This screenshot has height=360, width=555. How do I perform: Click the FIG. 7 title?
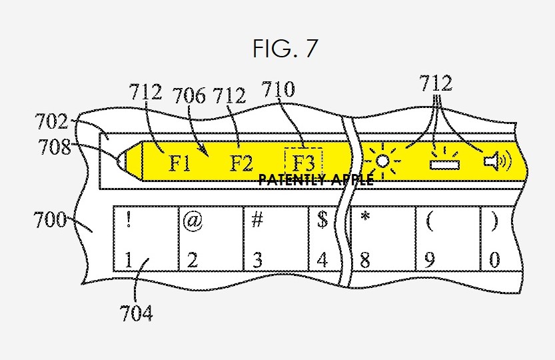click(285, 49)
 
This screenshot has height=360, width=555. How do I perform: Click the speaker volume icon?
click(498, 161)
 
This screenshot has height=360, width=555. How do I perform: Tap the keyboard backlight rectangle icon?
click(444, 161)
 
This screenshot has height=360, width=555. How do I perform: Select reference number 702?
click(52, 121)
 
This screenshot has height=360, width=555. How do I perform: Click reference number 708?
click(55, 147)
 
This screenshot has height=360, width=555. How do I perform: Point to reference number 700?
click(50, 220)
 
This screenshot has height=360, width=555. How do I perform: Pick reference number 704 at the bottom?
click(137, 313)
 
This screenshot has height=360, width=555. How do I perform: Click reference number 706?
click(189, 96)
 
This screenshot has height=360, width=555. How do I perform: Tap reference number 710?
click(278, 89)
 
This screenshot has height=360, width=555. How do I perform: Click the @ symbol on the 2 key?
click(193, 221)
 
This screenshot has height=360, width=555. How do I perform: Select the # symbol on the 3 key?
click(257, 220)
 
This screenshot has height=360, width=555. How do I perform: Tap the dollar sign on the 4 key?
click(322, 220)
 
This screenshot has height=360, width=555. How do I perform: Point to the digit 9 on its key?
click(429, 260)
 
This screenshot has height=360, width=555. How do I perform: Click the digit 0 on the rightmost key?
click(495, 260)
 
